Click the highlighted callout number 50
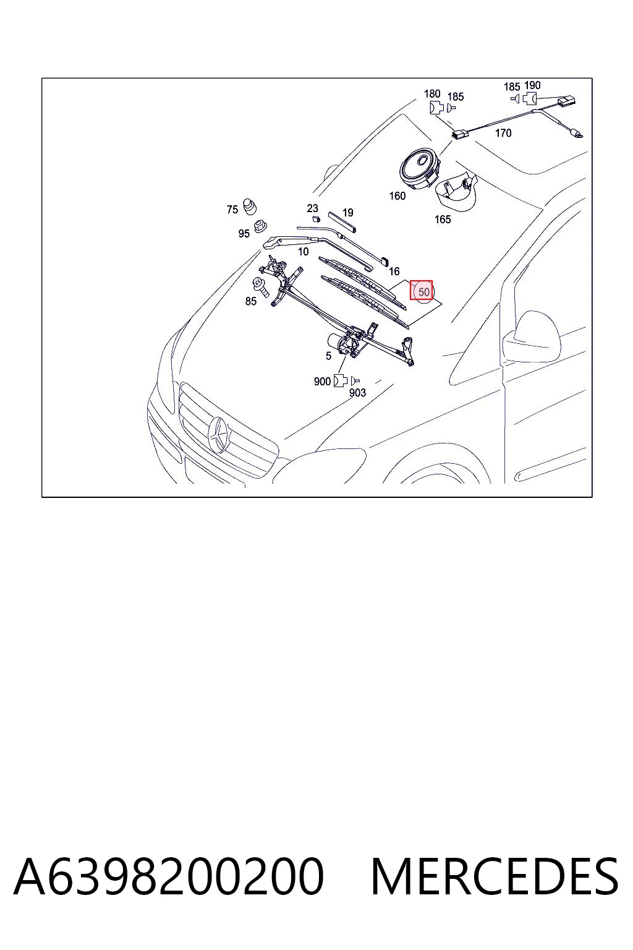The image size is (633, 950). (x=423, y=292)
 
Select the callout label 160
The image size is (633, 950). (x=397, y=196)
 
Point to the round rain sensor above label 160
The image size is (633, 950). (x=420, y=168)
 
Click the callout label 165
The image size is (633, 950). (x=443, y=220)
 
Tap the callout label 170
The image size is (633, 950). (x=503, y=133)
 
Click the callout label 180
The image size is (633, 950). (x=432, y=94)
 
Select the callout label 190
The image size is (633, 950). (x=532, y=85)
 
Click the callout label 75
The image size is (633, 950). (x=232, y=210)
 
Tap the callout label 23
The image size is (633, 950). (x=312, y=208)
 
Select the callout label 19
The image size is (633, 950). (x=348, y=213)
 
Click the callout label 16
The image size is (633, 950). (x=394, y=271)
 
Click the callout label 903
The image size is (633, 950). (x=357, y=393)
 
